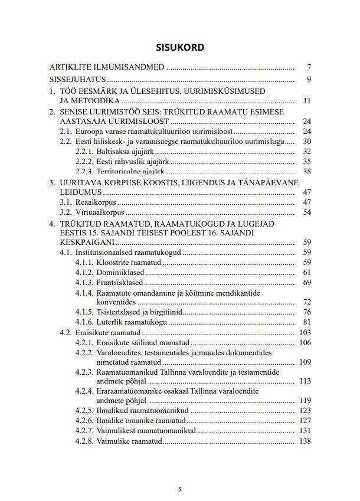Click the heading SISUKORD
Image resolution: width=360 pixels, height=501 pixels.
point(180,47)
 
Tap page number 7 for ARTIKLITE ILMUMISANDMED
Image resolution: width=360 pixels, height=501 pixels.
point(308,67)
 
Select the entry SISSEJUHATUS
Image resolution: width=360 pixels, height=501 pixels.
point(77,79)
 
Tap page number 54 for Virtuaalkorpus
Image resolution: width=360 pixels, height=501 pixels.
point(306,212)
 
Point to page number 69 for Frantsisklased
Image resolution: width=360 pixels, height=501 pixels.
point(306,283)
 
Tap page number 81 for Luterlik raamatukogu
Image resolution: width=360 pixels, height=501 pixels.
point(306,322)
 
